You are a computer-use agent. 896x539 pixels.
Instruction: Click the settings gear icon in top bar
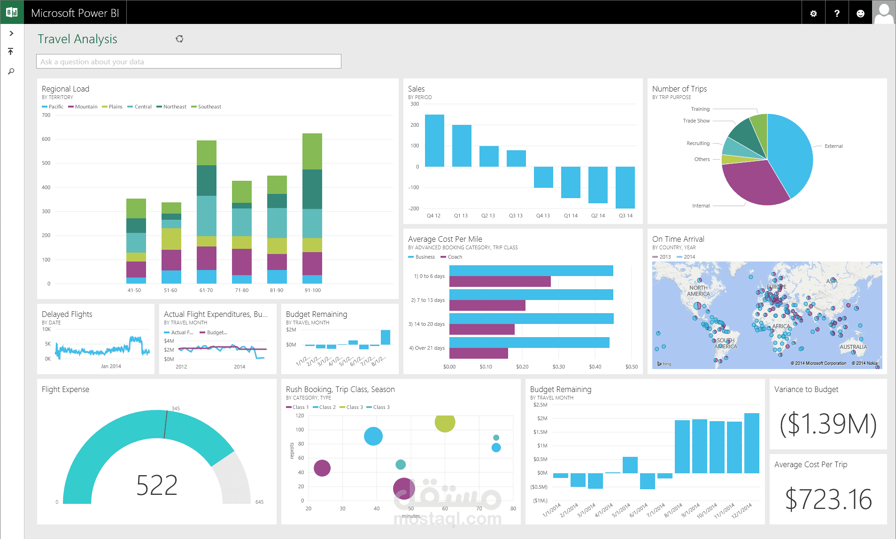point(813,14)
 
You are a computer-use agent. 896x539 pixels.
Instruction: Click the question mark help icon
point(837,14)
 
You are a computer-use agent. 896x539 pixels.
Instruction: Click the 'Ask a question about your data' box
point(188,62)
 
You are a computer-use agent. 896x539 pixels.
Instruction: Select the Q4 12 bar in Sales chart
point(434,141)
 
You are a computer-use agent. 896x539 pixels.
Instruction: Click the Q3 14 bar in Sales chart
point(625,187)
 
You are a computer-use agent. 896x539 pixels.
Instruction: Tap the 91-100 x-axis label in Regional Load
point(313,290)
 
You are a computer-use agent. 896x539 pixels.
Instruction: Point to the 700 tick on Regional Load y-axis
point(46,115)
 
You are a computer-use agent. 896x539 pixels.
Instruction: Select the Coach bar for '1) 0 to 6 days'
point(500,282)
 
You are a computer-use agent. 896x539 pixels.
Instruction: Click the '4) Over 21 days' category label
point(426,348)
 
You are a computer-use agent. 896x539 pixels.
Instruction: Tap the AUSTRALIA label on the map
point(853,347)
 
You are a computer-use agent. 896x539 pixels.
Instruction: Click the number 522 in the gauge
point(157,485)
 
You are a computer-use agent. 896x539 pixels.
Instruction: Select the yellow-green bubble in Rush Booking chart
point(445,422)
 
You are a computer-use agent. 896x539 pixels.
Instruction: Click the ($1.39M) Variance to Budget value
point(828,423)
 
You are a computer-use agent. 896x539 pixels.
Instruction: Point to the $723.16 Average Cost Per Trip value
point(828,499)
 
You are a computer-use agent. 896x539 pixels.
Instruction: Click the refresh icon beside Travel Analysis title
point(179,39)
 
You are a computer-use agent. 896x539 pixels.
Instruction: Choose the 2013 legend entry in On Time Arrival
point(662,257)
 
